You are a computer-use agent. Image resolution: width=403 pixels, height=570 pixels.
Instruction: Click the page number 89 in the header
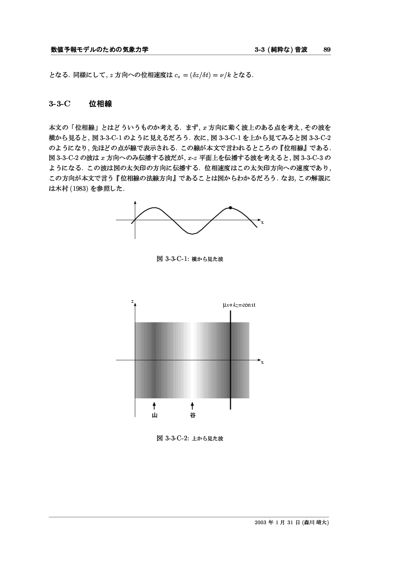point(327,50)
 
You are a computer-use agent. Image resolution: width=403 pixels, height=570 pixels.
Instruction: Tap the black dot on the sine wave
point(230,208)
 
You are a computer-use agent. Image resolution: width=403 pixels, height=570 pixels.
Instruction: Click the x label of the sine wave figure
point(262,222)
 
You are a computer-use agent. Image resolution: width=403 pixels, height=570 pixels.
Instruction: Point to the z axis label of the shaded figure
point(132,302)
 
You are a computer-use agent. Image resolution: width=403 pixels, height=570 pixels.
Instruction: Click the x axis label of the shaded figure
point(262,363)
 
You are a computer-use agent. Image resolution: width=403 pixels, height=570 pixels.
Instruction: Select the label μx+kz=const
point(239,305)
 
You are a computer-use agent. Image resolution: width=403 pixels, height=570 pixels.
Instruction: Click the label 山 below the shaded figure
point(154,415)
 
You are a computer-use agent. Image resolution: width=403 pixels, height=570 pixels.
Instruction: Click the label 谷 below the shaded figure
point(193,415)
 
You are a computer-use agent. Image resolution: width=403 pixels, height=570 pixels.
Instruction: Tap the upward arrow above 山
point(154,405)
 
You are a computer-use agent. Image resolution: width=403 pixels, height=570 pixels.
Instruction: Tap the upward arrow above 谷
point(193,405)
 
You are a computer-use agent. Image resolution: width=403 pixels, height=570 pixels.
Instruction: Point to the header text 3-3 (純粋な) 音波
point(281,50)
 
